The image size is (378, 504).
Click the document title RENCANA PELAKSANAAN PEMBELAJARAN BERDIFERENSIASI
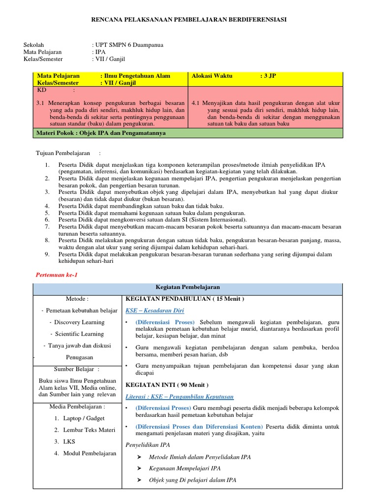click(x=189, y=19)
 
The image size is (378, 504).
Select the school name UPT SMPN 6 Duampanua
click(x=129, y=45)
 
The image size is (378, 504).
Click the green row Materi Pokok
click(x=101, y=133)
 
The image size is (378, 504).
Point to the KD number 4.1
click(x=195, y=103)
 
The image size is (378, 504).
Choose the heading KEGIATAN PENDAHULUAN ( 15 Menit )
click(x=185, y=299)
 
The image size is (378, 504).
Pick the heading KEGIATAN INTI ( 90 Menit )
click(x=167, y=384)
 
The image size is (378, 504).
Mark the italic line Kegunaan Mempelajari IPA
click(x=185, y=468)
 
